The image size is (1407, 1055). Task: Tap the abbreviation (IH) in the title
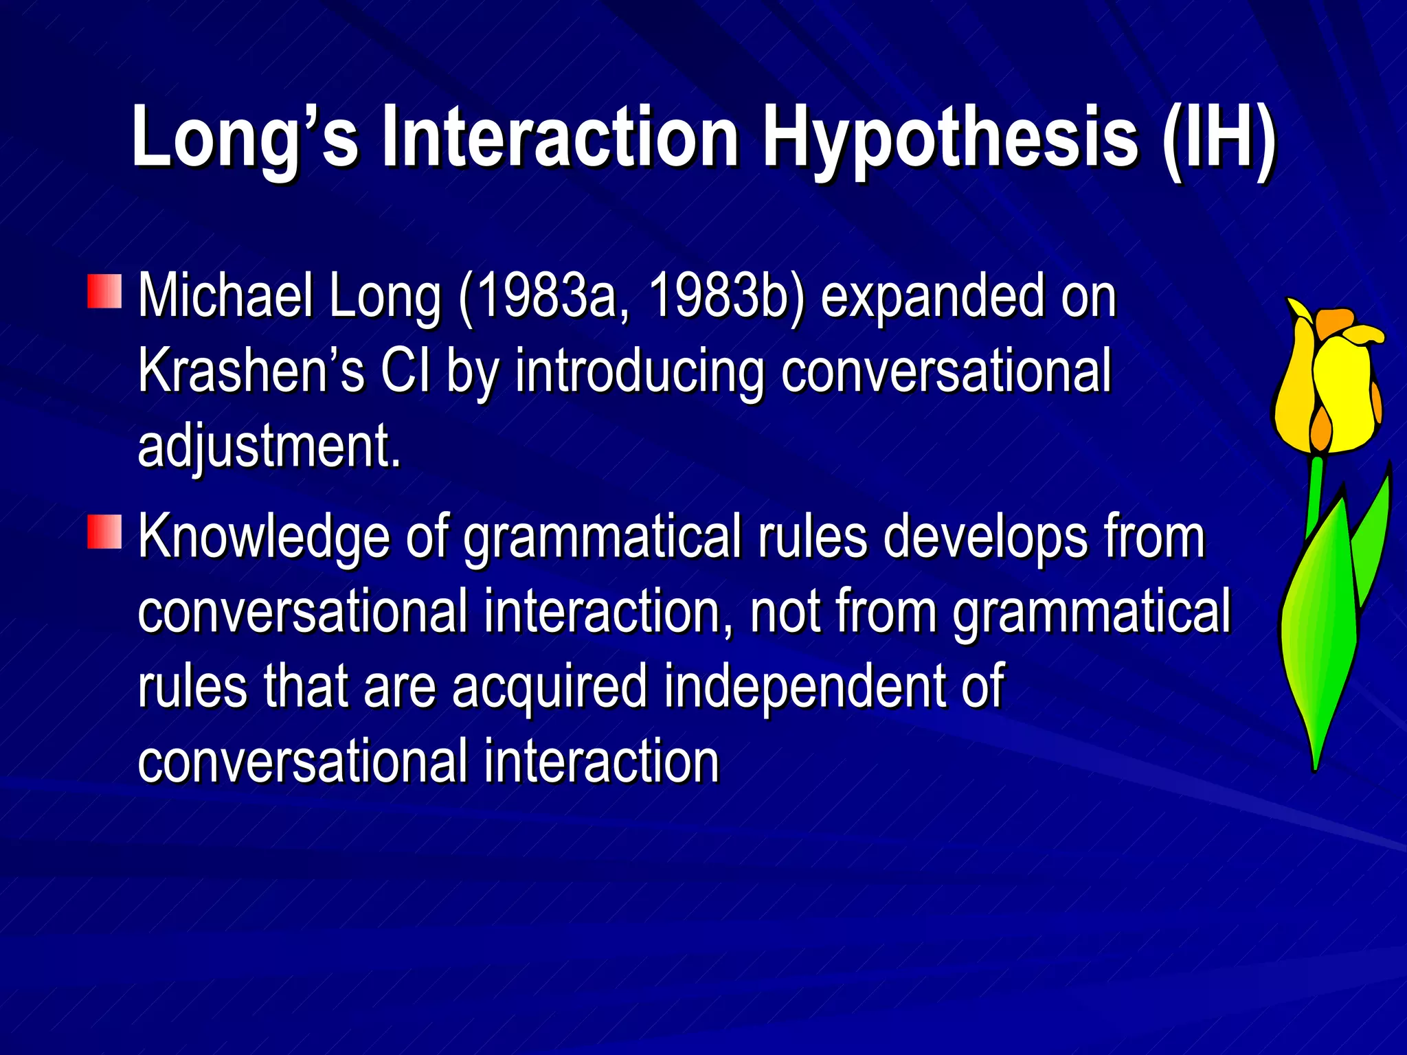pyautogui.click(x=1219, y=137)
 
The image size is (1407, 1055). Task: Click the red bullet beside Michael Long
pyautogui.click(x=104, y=291)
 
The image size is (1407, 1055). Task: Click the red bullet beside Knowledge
pyautogui.click(x=104, y=532)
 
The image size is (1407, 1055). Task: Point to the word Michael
pyautogui.click(x=224, y=297)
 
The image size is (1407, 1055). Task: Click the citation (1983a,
pyautogui.click(x=543, y=297)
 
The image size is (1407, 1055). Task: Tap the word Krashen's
pyautogui.click(x=251, y=371)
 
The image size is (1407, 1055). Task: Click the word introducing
pyautogui.click(x=640, y=371)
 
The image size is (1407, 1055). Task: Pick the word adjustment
pyautogui.click(x=269, y=446)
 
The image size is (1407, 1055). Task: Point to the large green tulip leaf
pyautogui.click(x=1319, y=632)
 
